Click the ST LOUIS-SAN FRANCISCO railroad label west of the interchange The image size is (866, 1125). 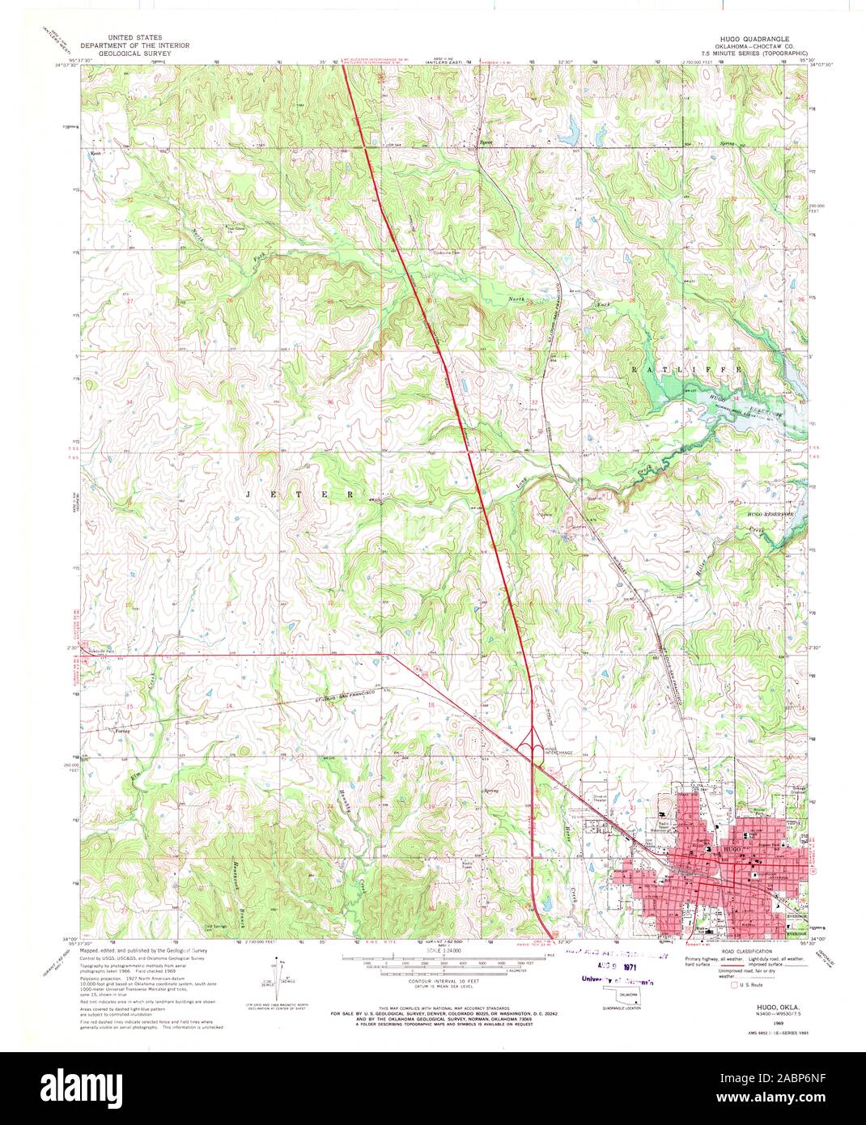pos(316,698)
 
